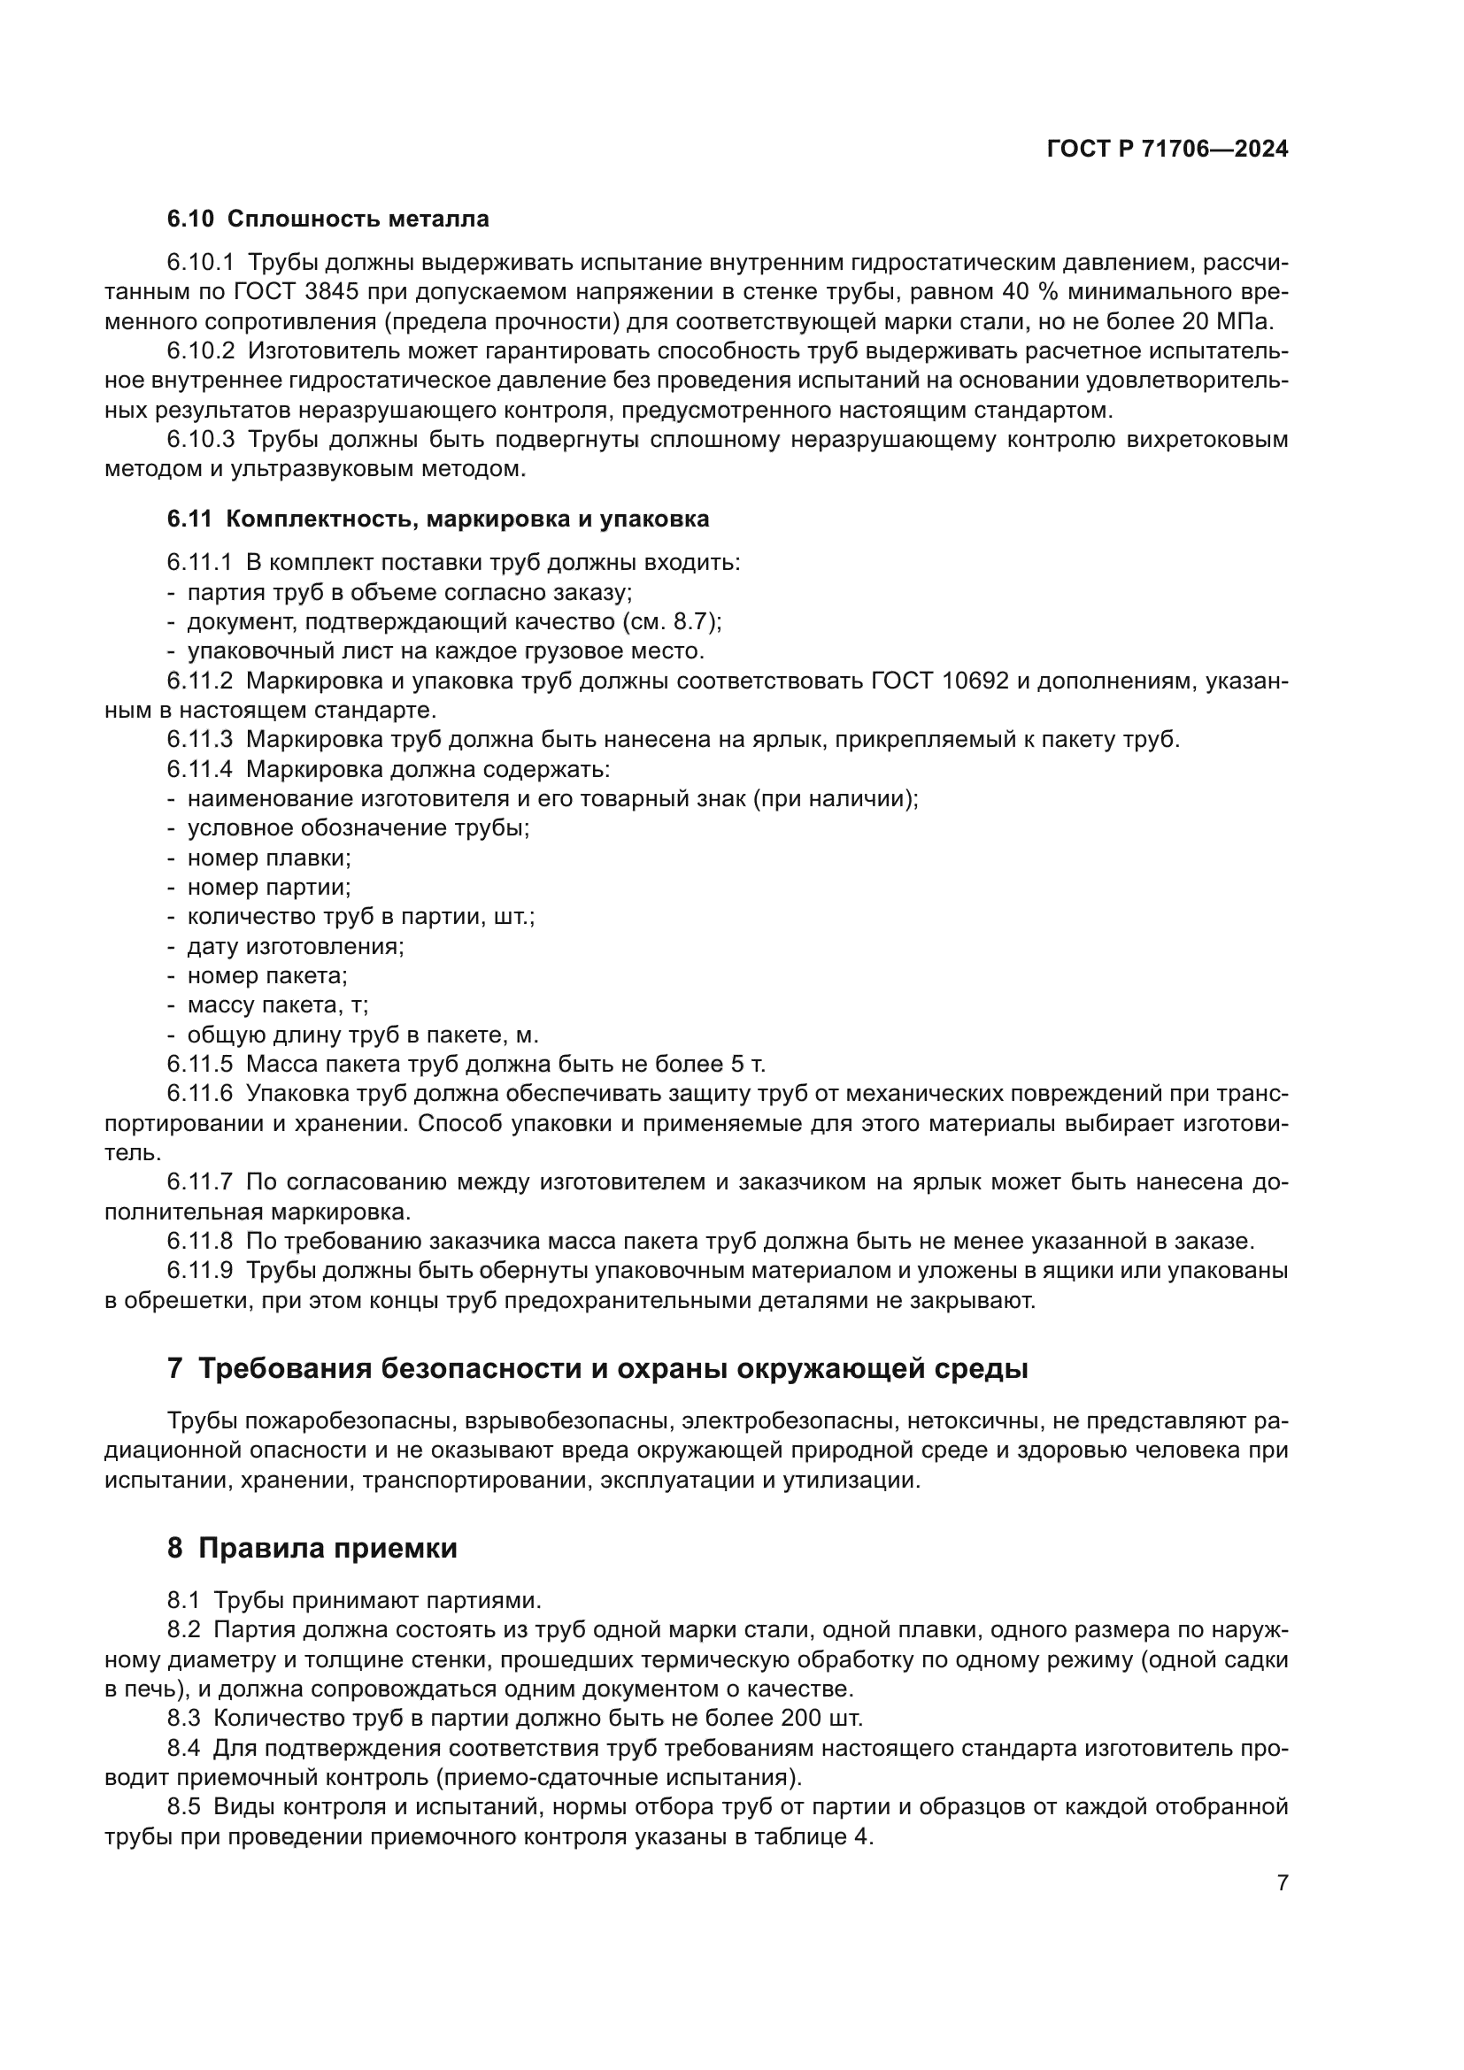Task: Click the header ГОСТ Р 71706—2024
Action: pos(1167,150)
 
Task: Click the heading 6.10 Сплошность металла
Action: pos(328,219)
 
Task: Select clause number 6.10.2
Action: pos(200,350)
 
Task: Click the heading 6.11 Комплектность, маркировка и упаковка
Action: pos(438,519)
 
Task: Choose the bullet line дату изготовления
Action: pos(296,947)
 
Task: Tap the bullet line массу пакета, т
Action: pos(278,1005)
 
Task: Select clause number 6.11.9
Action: pos(200,1271)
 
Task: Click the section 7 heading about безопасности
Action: pos(597,1369)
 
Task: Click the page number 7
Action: pos(1283,1882)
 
